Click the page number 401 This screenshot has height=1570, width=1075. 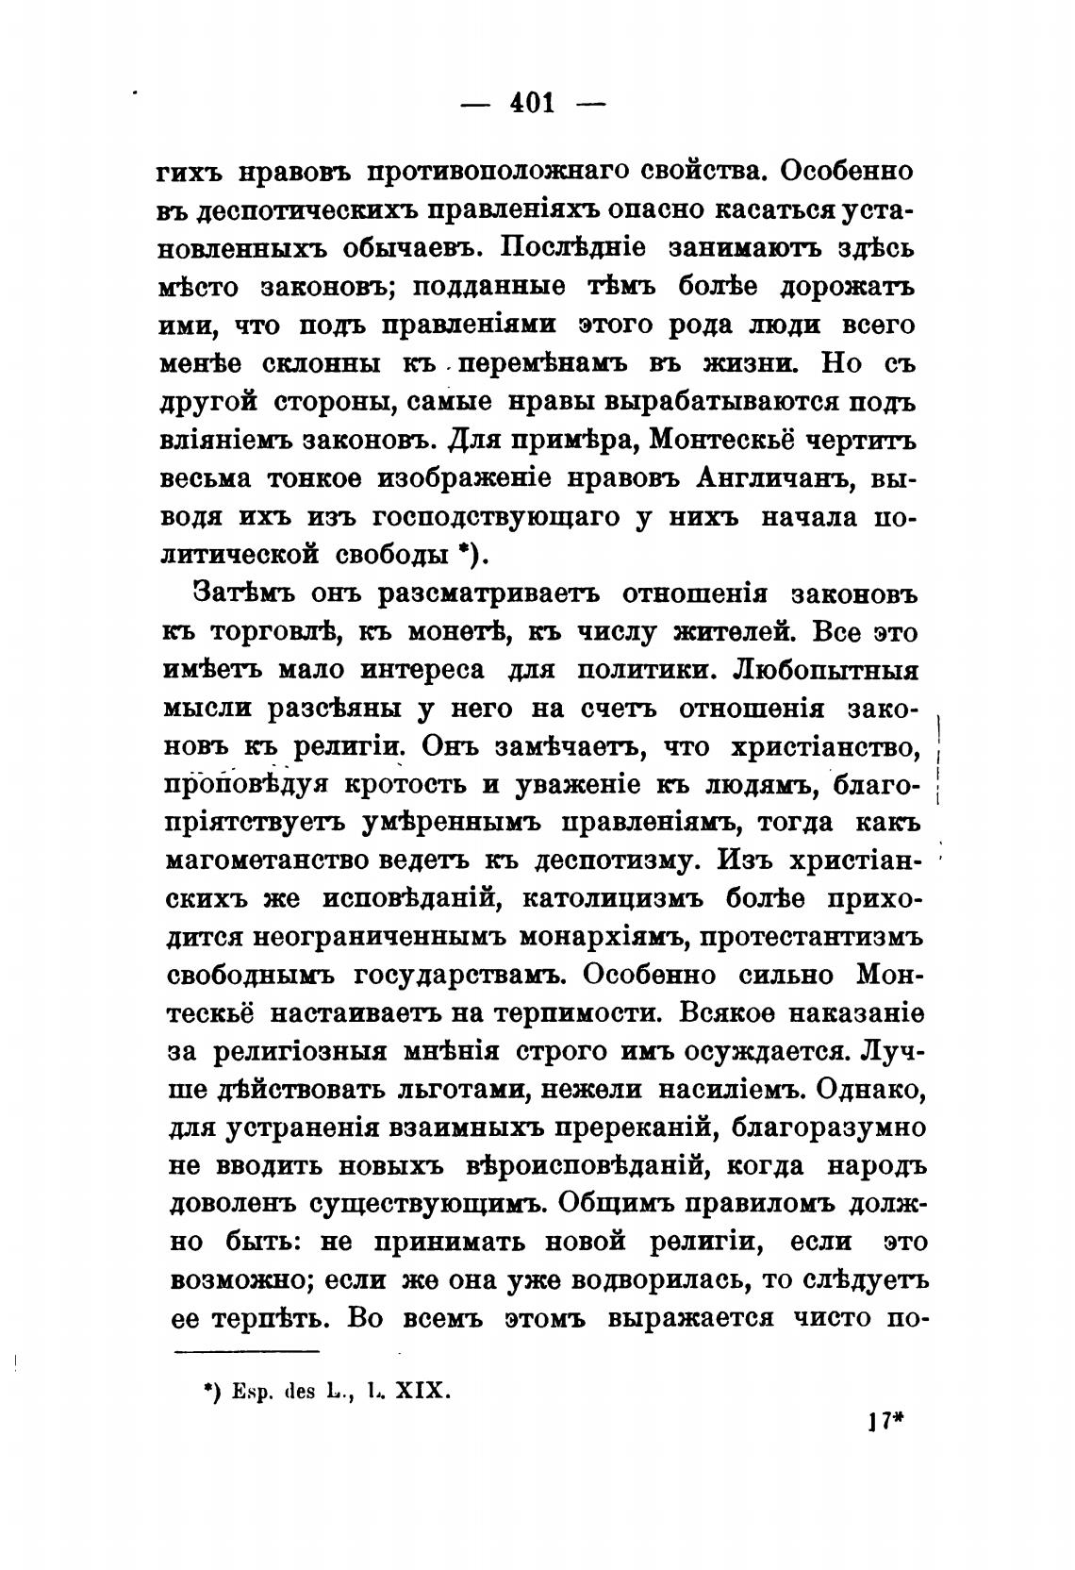(532, 102)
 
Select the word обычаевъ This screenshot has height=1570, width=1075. (407, 249)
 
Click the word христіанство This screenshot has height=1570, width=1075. (824, 746)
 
